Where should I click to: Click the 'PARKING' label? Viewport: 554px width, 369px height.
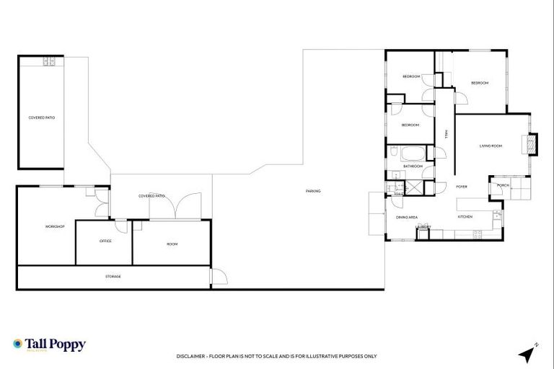(x=313, y=191)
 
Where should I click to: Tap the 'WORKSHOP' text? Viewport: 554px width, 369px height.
(x=56, y=227)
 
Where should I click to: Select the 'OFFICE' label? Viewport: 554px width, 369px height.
(x=105, y=241)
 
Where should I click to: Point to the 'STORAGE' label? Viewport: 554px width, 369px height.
(x=113, y=277)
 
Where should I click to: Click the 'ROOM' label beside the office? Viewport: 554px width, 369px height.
(x=172, y=244)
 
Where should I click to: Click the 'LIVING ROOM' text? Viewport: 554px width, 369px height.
(x=491, y=146)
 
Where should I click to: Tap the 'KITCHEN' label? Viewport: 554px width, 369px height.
(x=465, y=217)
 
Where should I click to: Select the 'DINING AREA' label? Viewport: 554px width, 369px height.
(x=407, y=217)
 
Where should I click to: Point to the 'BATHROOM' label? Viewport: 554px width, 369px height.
(x=413, y=166)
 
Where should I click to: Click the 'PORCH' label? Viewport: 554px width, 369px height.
(x=504, y=186)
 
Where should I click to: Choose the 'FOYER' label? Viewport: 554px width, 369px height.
(x=462, y=187)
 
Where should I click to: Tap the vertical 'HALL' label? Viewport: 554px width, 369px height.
(x=447, y=134)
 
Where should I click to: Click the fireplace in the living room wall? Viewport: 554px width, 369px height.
(x=533, y=145)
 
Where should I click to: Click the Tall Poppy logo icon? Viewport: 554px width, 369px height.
(x=18, y=344)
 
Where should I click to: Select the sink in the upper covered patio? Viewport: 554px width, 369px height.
(x=49, y=62)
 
